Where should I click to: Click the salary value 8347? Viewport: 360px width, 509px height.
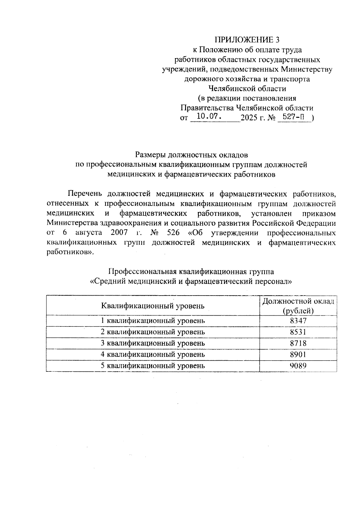[298, 320]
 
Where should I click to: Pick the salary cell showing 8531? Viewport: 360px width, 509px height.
[298, 332]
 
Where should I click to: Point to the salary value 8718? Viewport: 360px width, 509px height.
[298, 343]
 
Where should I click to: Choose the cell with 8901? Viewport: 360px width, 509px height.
[298, 354]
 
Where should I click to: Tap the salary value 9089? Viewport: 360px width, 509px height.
[298, 365]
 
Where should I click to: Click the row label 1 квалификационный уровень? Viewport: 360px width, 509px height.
[153, 320]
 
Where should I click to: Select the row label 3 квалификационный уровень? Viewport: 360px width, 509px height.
[153, 343]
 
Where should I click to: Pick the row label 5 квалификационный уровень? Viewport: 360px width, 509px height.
[153, 365]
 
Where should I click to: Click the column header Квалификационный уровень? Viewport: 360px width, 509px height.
[153, 306]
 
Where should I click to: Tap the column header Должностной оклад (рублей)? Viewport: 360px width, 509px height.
[298, 306]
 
